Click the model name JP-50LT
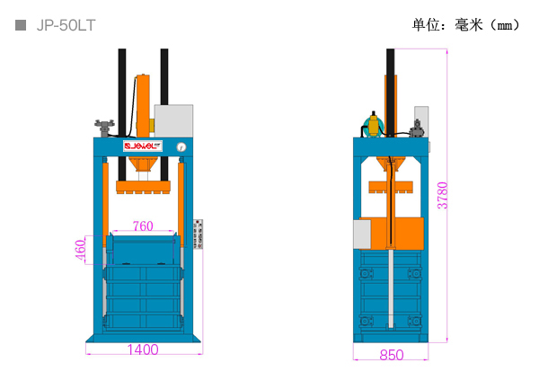(66, 25)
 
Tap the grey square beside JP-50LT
(21, 25)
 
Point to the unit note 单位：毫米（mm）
(465, 25)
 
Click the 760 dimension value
(143, 225)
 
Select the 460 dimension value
(80, 250)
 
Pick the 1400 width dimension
(143, 349)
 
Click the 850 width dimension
(391, 355)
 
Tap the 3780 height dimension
(443, 195)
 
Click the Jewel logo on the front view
(143, 146)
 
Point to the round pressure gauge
(181, 147)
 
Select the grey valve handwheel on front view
(104, 128)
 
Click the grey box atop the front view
(173, 120)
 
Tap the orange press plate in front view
(143, 187)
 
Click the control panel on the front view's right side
(198, 234)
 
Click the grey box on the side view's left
(362, 234)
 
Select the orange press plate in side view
(391, 187)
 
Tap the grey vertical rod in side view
(391, 288)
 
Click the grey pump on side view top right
(417, 128)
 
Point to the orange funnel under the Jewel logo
(143, 164)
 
